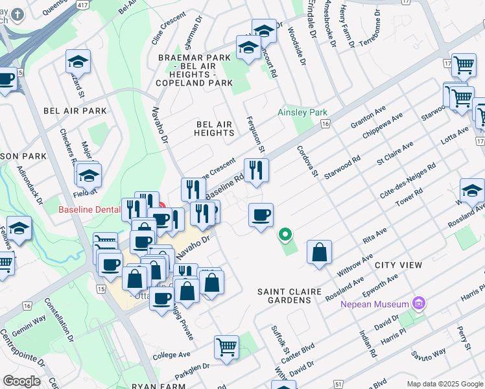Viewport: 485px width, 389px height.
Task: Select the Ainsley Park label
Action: click(x=302, y=112)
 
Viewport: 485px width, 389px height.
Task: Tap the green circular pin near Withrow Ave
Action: click(x=284, y=234)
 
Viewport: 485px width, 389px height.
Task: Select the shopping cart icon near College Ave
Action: click(x=226, y=347)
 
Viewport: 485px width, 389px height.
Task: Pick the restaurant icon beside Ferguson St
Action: click(x=256, y=171)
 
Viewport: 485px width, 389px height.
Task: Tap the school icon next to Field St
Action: click(x=89, y=174)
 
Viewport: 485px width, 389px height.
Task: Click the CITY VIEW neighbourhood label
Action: click(x=398, y=265)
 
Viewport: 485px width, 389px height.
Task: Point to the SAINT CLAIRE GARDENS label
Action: click(x=289, y=296)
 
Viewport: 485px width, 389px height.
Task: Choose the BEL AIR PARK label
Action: click(x=75, y=111)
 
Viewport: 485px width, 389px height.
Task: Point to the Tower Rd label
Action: click(x=410, y=198)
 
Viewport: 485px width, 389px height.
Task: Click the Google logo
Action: click(x=21, y=381)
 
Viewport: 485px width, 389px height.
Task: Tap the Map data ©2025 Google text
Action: click(x=445, y=384)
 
